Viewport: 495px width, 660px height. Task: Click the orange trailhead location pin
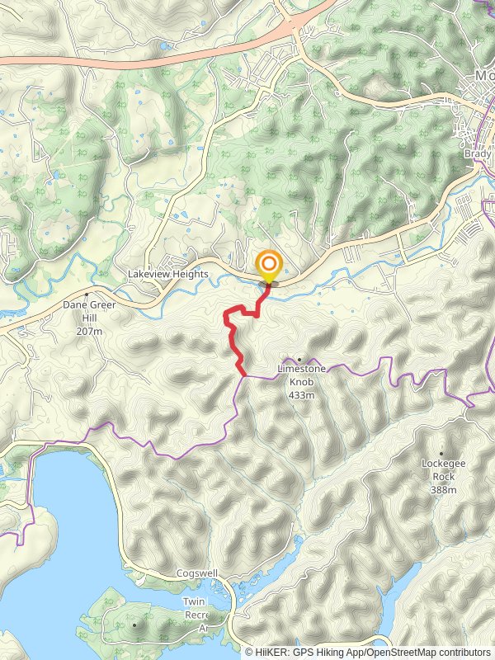[269, 266]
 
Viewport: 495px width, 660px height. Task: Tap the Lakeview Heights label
[168, 274]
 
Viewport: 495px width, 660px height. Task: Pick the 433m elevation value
[302, 395]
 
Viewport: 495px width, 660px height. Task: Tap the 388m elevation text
[443, 490]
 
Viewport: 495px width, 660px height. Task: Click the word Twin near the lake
[195, 602]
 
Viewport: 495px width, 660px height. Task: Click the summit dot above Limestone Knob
[299, 359]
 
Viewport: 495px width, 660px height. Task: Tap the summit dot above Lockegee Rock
[442, 454]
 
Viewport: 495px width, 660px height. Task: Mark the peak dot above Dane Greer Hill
[87, 295]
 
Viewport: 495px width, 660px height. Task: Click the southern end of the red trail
[244, 375]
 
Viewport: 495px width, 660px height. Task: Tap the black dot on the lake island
[134, 625]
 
